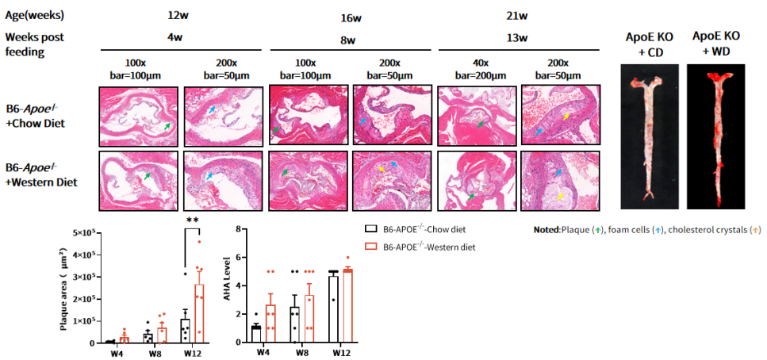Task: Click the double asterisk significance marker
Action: [191, 220]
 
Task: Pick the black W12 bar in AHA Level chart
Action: [333, 308]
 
